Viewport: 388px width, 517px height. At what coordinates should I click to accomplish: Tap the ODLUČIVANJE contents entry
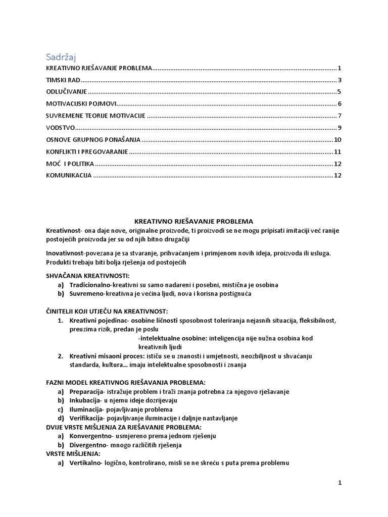[x=66, y=92]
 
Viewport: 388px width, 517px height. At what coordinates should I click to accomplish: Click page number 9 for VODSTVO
[x=340, y=128]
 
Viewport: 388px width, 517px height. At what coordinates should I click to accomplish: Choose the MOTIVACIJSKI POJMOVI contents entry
[x=81, y=104]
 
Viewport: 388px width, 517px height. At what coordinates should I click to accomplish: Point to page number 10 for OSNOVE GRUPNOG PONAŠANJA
[x=338, y=140]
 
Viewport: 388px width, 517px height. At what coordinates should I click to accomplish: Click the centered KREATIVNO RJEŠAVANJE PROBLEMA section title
[x=193, y=221]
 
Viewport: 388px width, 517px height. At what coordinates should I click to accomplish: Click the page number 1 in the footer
[x=340, y=483]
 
